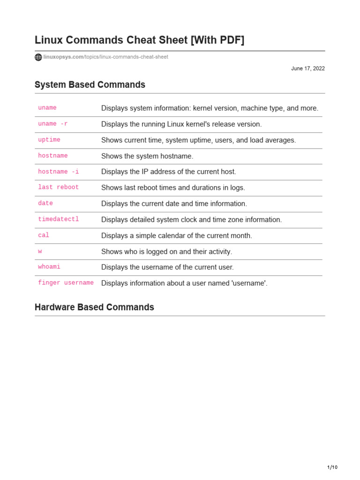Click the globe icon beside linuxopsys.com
click(x=38, y=57)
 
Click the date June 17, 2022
click(x=307, y=68)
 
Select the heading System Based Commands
click(x=90, y=85)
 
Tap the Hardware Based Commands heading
click(x=94, y=307)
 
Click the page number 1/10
click(x=332, y=467)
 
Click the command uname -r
click(x=53, y=124)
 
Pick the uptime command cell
click(x=49, y=140)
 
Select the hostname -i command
click(x=59, y=172)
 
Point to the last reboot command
click(x=59, y=187)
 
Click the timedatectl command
click(x=59, y=219)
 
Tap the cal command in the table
click(x=44, y=235)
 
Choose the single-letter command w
click(x=40, y=251)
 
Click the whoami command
click(x=49, y=267)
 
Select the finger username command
click(x=66, y=283)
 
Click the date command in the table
click(x=45, y=203)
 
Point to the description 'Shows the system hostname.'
click(x=147, y=156)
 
